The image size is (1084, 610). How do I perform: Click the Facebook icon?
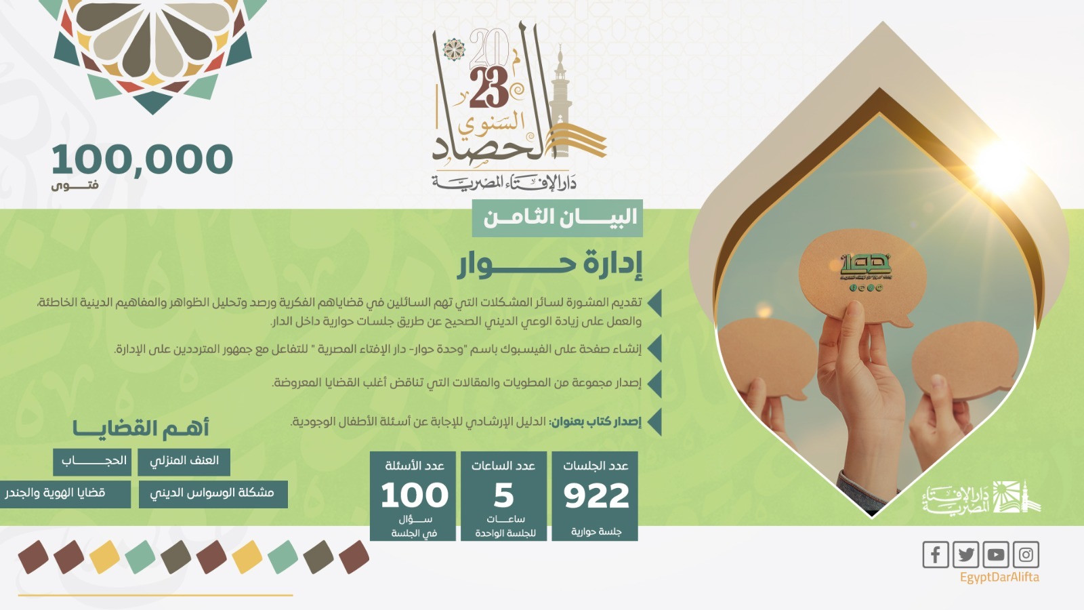click(935, 554)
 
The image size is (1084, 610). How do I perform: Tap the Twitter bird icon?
click(965, 554)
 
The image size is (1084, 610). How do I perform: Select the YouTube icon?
click(996, 554)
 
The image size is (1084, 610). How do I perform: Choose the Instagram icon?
click(1026, 554)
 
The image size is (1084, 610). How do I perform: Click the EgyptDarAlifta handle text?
click(999, 577)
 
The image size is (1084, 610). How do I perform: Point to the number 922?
click(596, 495)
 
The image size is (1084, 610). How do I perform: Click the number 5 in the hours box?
click(503, 495)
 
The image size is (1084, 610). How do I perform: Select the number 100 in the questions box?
click(414, 495)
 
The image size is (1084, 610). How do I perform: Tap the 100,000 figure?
click(142, 160)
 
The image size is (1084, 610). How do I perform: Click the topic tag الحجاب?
click(93, 462)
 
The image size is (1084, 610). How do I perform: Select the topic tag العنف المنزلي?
click(184, 462)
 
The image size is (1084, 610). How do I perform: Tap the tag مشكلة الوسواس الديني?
click(213, 493)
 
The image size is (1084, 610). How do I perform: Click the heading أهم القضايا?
click(141, 428)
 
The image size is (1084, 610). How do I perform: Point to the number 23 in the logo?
click(488, 88)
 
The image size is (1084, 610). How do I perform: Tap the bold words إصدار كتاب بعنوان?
click(596, 422)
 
